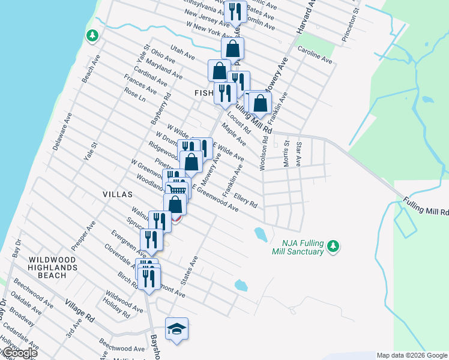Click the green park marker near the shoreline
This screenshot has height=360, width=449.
coord(92,36)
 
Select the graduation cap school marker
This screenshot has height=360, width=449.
coord(176,329)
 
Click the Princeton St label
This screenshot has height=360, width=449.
coord(350,24)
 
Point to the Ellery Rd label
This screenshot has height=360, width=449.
coord(246,199)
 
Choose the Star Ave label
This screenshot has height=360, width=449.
coord(298,154)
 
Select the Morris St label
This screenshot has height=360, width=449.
coord(286,153)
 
